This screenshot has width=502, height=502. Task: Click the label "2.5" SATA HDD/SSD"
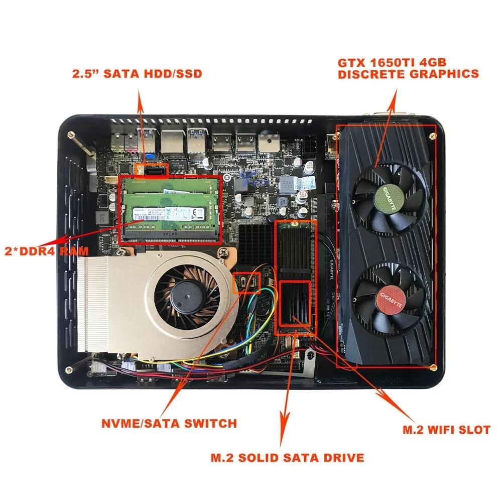[x=137, y=74]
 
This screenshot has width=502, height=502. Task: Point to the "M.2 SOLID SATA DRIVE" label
[x=287, y=457]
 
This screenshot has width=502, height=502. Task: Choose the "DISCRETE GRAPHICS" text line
[x=408, y=74]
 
